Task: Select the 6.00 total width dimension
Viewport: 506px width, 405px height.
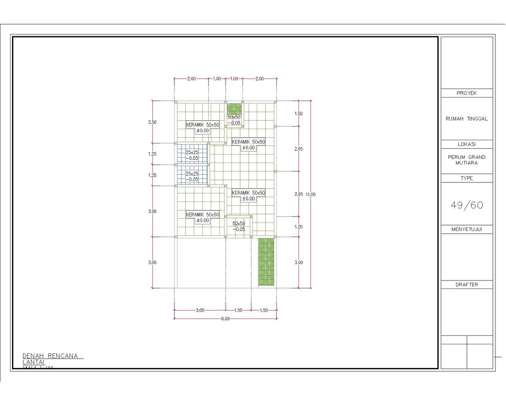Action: (x=226, y=319)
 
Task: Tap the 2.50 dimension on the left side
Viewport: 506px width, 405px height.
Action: (x=152, y=122)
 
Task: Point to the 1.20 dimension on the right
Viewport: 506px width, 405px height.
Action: (x=298, y=227)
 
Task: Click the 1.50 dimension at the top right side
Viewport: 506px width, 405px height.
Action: (x=298, y=114)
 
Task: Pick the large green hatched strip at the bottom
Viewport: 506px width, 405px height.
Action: (x=266, y=262)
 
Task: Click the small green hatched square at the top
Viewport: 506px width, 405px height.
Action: (x=234, y=109)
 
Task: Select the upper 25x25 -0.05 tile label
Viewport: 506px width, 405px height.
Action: (x=192, y=155)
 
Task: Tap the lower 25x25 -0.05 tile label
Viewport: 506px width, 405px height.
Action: (x=192, y=177)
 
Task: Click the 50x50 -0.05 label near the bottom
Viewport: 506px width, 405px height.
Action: (x=239, y=226)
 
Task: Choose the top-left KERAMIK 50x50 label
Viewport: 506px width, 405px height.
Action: (x=202, y=128)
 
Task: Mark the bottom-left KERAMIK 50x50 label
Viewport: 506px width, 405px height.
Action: (x=202, y=217)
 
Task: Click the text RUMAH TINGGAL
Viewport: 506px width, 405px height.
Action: (x=466, y=119)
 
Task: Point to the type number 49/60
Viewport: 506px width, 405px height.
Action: (x=466, y=206)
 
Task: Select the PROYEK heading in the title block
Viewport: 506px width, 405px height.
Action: (x=466, y=93)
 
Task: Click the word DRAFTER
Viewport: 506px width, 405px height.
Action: (x=466, y=285)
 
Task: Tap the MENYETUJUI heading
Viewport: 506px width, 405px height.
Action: (x=466, y=229)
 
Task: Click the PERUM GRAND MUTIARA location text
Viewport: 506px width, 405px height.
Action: (x=466, y=160)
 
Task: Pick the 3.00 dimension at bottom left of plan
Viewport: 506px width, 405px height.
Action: (x=200, y=311)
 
